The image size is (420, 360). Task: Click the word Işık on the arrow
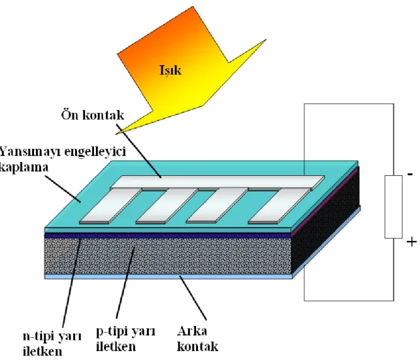pyautogui.click(x=170, y=71)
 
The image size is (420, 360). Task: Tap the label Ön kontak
pyautogui.click(x=93, y=115)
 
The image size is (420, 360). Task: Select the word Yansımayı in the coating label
pyautogui.click(x=30, y=153)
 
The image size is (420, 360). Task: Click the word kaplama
pyautogui.click(x=24, y=168)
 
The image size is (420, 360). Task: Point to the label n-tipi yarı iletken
pyautogui.click(x=52, y=344)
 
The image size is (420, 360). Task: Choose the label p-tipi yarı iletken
pyautogui.click(x=125, y=339)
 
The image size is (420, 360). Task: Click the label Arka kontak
pyautogui.click(x=197, y=339)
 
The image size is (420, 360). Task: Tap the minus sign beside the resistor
pyautogui.click(x=410, y=175)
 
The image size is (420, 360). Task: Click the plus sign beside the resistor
pyautogui.click(x=412, y=242)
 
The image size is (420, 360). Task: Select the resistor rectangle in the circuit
pyautogui.click(x=394, y=207)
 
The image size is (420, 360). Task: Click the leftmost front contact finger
pyautogui.click(x=110, y=206)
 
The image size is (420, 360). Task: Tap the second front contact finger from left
pyautogui.click(x=166, y=206)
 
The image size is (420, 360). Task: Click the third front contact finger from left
pyautogui.click(x=217, y=206)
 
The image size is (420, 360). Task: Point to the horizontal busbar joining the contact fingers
pyautogui.click(x=218, y=182)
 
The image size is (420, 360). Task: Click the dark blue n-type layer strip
pyautogui.click(x=168, y=236)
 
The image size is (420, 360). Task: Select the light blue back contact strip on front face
pyautogui.click(x=168, y=277)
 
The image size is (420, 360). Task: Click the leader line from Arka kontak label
pyautogui.click(x=193, y=298)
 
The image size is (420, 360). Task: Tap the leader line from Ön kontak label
pyautogui.click(x=139, y=151)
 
